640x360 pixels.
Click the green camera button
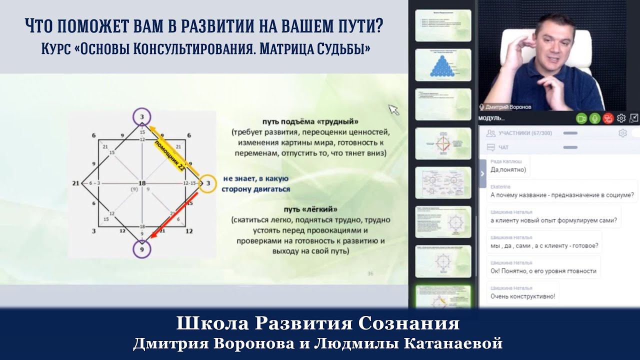click(581, 118)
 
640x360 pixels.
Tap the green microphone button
click(594, 118)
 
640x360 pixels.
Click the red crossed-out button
click(608, 118)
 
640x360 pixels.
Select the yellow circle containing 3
click(207, 183)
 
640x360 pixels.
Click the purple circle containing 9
click(142, 248)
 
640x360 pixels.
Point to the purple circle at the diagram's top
click(142, 116)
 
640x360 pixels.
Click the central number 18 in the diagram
click(142, 183)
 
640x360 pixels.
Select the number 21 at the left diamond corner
click(76, 183)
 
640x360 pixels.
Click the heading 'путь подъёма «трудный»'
click(310, 121)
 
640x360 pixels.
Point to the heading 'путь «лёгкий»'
click(310, 209)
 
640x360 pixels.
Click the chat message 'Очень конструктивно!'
click(523, 296)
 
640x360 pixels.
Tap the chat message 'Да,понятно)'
click(508, 169)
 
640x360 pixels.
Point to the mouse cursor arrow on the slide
click(393, 109)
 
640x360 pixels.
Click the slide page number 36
click(370, 273)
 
